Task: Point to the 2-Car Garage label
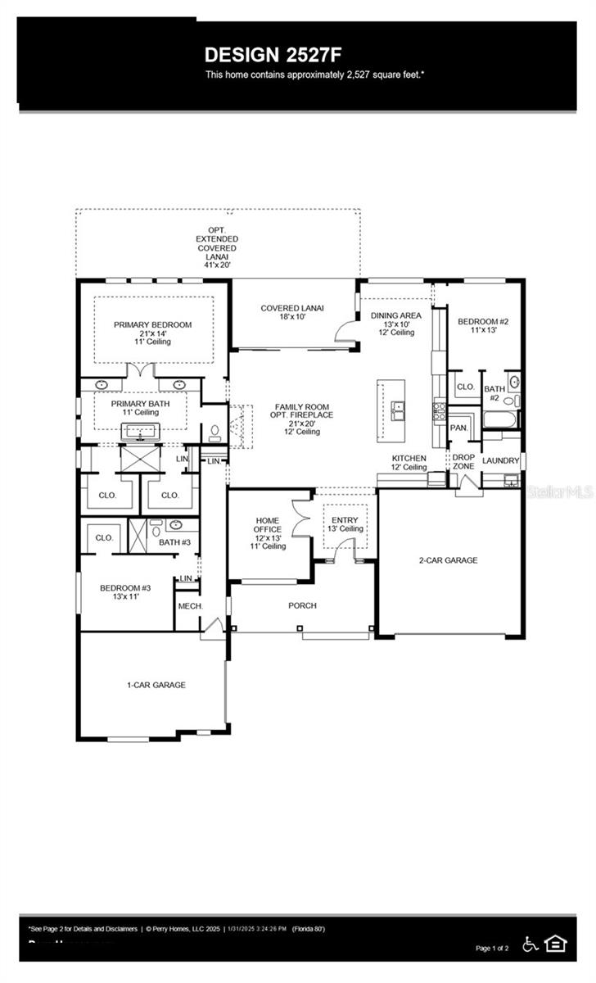(448, 560)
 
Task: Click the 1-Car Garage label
(156, 685)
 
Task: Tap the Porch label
(302, 606)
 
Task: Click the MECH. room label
(190, 607)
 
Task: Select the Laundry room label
(500, 460)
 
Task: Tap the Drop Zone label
(463, 462)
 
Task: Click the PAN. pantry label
(458, 428)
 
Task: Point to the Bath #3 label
(174, 542)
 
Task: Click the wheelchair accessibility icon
(530, 945)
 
